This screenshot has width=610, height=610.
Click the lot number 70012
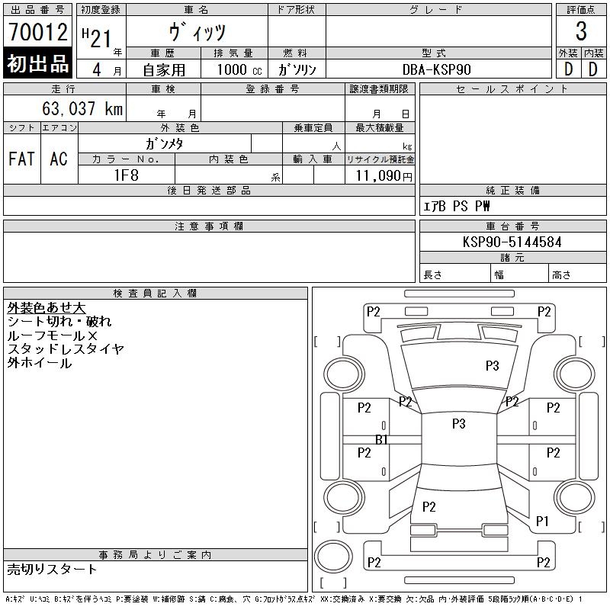tap(38, 32)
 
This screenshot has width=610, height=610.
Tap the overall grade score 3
tap(581, 31)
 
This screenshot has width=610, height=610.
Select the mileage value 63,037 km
tap(82, 108)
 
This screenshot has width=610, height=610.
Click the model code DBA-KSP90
tap(436, 69)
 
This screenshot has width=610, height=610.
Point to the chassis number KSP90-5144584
tap(512, 242)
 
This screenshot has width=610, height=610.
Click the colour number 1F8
tap(126, 175)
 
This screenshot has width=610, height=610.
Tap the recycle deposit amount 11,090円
tap(384, 176)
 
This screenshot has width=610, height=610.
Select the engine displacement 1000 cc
tap(239, 69)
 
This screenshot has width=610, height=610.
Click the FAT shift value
tap(22, 159)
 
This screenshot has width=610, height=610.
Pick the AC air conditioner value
tap(59, 159)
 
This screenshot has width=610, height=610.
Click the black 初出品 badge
tap(37, 63)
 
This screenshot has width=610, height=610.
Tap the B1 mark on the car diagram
tap(382, 439)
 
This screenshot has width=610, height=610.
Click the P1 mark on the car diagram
tap(542, 521)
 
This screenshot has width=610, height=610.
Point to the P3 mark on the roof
tap(459, 423)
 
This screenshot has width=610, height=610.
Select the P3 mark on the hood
tap(492, 366)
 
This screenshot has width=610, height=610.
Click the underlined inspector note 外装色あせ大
tap(47, 308)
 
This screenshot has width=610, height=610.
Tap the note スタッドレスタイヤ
tap(66, 349)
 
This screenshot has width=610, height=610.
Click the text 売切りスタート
tap(52, 569)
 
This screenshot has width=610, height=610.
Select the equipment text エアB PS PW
tap(456, 206)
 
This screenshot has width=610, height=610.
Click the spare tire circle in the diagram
tap(333, 556)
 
